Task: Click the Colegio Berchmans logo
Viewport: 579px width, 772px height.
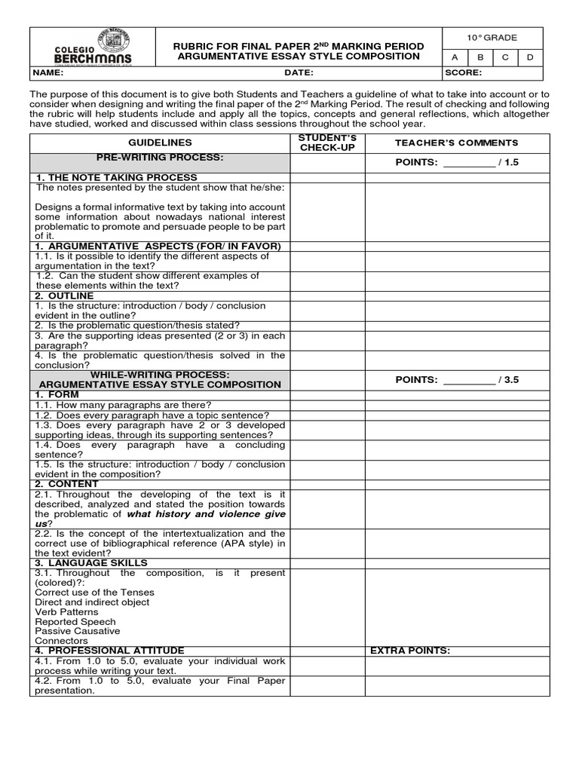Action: pyautogui.click(x=91, y=47)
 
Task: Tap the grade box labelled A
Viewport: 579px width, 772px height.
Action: pyautogui.click(x=455, y=57)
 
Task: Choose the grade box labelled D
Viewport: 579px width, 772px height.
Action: pyautogui.click(x=530, y=57)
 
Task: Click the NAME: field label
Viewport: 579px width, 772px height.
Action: pyautogui.click(x=48, y=73)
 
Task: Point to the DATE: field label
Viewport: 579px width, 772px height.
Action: pyautogui.click(x=299, y=73)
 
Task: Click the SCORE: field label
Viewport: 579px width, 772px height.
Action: pyautogui.click(x=464, y=73)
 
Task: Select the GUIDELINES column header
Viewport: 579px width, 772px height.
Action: pyautogui.click(x=160, y=142)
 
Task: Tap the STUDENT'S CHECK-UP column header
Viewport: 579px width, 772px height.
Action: pyautogui.click(x=328, y=142)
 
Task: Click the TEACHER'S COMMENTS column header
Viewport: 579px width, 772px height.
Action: pyautogui.click(x=457, y=142)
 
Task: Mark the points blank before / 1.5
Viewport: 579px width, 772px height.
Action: pyautogui.click(x=469, y=163)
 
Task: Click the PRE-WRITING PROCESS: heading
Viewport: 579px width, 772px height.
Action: pyautogui.click(x=159, y=158)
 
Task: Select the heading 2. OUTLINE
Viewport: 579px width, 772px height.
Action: pyautogui.click(x=63, y=296)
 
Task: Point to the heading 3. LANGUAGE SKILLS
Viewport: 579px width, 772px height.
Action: pyautogui.click(x=91, y=563)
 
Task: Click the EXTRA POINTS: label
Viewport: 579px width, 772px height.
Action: pyautogui.click(x=409, y=651)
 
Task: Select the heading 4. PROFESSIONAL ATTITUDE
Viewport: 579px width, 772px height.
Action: pyautogui.click(x=109, y=651)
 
